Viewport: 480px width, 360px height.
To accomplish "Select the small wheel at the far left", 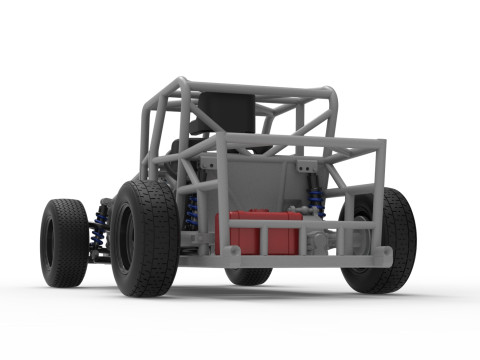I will [63, 241].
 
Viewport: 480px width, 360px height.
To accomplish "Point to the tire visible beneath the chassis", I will [248, 275].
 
